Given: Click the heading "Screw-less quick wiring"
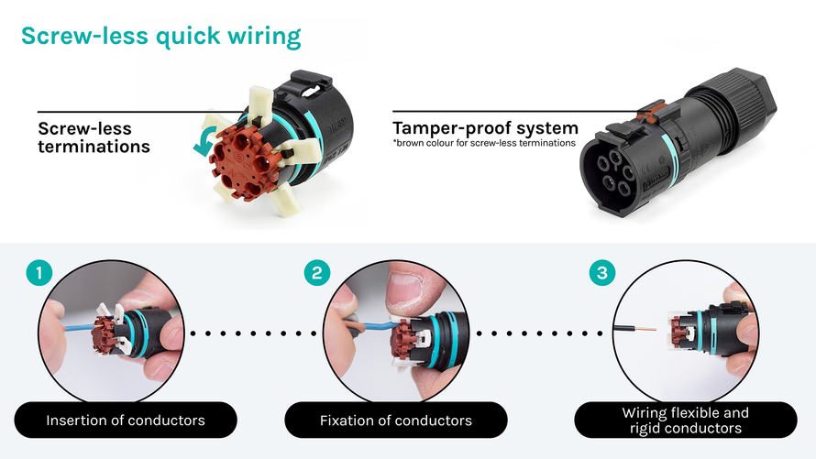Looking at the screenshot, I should (160, 37).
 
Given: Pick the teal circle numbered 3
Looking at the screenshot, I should (601, 272).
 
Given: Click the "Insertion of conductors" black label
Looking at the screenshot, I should (126, 421).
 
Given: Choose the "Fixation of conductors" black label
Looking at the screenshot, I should (396, 421).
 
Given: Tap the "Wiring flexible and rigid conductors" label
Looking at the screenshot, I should (685, 421).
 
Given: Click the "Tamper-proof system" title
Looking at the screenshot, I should (485, 127).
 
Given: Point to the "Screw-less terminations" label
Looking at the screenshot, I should (94, 137).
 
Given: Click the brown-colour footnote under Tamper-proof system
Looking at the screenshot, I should (484, 143).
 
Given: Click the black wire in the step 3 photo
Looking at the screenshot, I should (633, 328).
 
